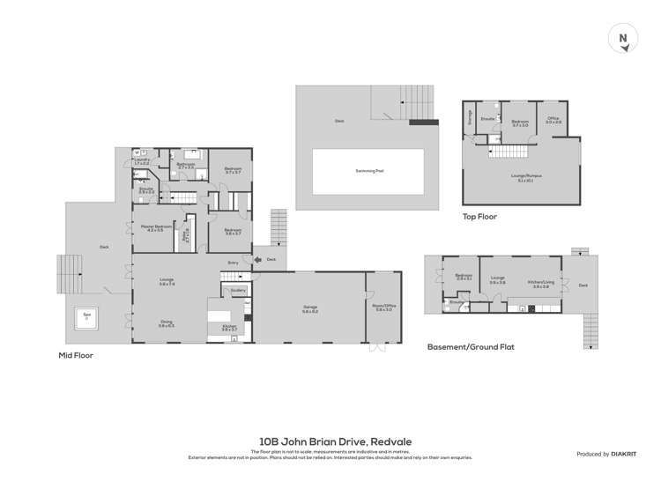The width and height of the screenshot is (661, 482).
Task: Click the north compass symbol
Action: [x=623, y=38]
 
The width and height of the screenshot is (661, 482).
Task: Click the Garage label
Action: [x=309, y=308]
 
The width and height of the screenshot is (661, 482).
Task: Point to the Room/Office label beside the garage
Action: [x=385, y=307]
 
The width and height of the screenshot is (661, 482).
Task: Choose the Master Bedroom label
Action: [x=153, y=228]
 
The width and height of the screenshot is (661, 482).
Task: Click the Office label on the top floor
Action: [x=553, y=120]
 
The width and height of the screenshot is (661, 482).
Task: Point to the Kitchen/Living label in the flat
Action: [x=540, y=284]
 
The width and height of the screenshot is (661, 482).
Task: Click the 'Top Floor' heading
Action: [x=480, y=215]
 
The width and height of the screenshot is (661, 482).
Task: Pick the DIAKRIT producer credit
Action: [x=607, y=454]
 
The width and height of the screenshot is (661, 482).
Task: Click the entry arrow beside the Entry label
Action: [x=256, y=259]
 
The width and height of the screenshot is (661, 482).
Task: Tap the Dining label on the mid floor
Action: [x=166, y=323]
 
